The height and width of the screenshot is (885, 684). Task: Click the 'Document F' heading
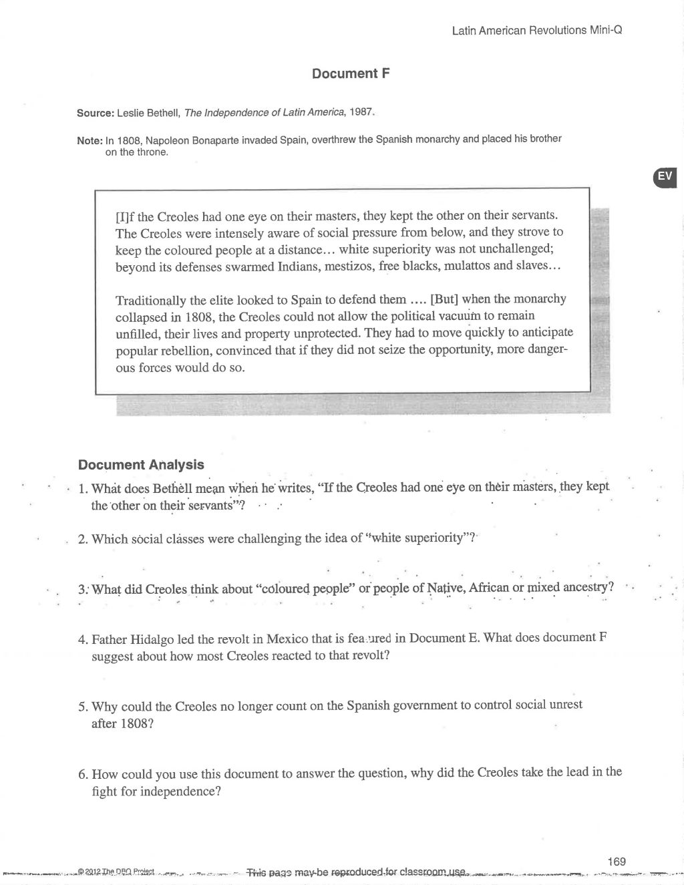tap(350, 73)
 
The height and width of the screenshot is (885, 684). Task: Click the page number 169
tap(617, 861)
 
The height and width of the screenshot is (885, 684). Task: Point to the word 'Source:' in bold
tap(96, 113)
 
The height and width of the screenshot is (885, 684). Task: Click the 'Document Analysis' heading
tap(141, 465)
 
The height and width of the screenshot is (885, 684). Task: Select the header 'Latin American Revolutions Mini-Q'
tap(537, 31)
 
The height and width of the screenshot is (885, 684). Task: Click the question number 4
tap(82, 639)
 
